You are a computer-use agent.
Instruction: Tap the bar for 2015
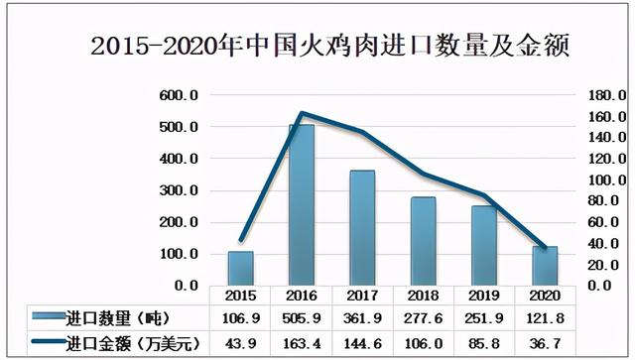[x=240, y=268]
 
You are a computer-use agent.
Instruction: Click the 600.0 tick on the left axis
[x=180, y=96]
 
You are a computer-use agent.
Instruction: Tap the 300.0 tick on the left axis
[x=180, y=190]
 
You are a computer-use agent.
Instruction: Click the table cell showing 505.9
[x=301, y=317]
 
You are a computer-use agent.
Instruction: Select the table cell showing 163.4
[x=301, y=342]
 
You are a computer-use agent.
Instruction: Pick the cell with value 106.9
[x=240, y=317]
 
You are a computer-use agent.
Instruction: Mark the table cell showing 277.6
[x=423, y=317]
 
